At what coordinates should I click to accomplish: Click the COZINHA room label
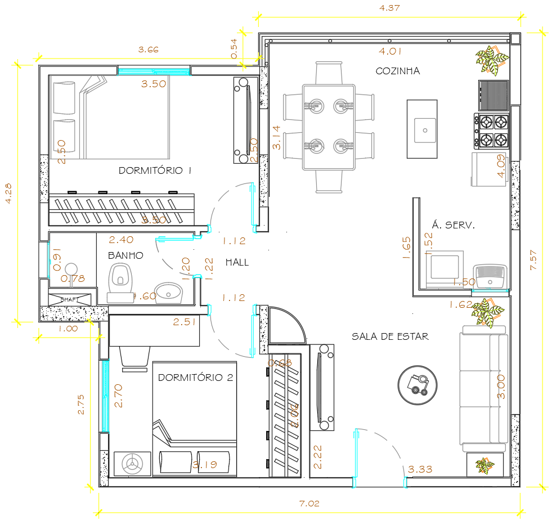point(397,71)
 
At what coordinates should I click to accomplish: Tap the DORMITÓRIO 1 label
point(155,170)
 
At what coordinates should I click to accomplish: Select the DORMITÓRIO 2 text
point(195,378)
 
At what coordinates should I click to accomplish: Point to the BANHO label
point(125,255)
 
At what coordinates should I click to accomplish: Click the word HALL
point(237,262)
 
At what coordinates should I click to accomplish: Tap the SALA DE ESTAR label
point(390,336)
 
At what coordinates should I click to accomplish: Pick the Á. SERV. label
point(453,224)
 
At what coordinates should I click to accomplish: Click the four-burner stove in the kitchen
point(492,130)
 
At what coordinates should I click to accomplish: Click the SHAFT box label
point(69,299)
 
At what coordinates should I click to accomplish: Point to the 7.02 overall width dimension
point(309,504)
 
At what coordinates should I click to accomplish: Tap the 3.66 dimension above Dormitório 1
point(149,50)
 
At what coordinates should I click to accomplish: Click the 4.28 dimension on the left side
point(8,193)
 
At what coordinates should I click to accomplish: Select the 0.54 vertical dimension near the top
point(235,48)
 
